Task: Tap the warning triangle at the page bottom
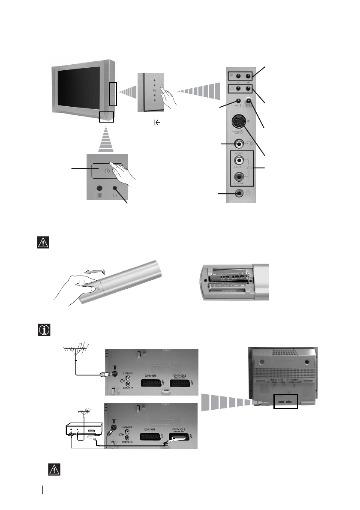(53, 470)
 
